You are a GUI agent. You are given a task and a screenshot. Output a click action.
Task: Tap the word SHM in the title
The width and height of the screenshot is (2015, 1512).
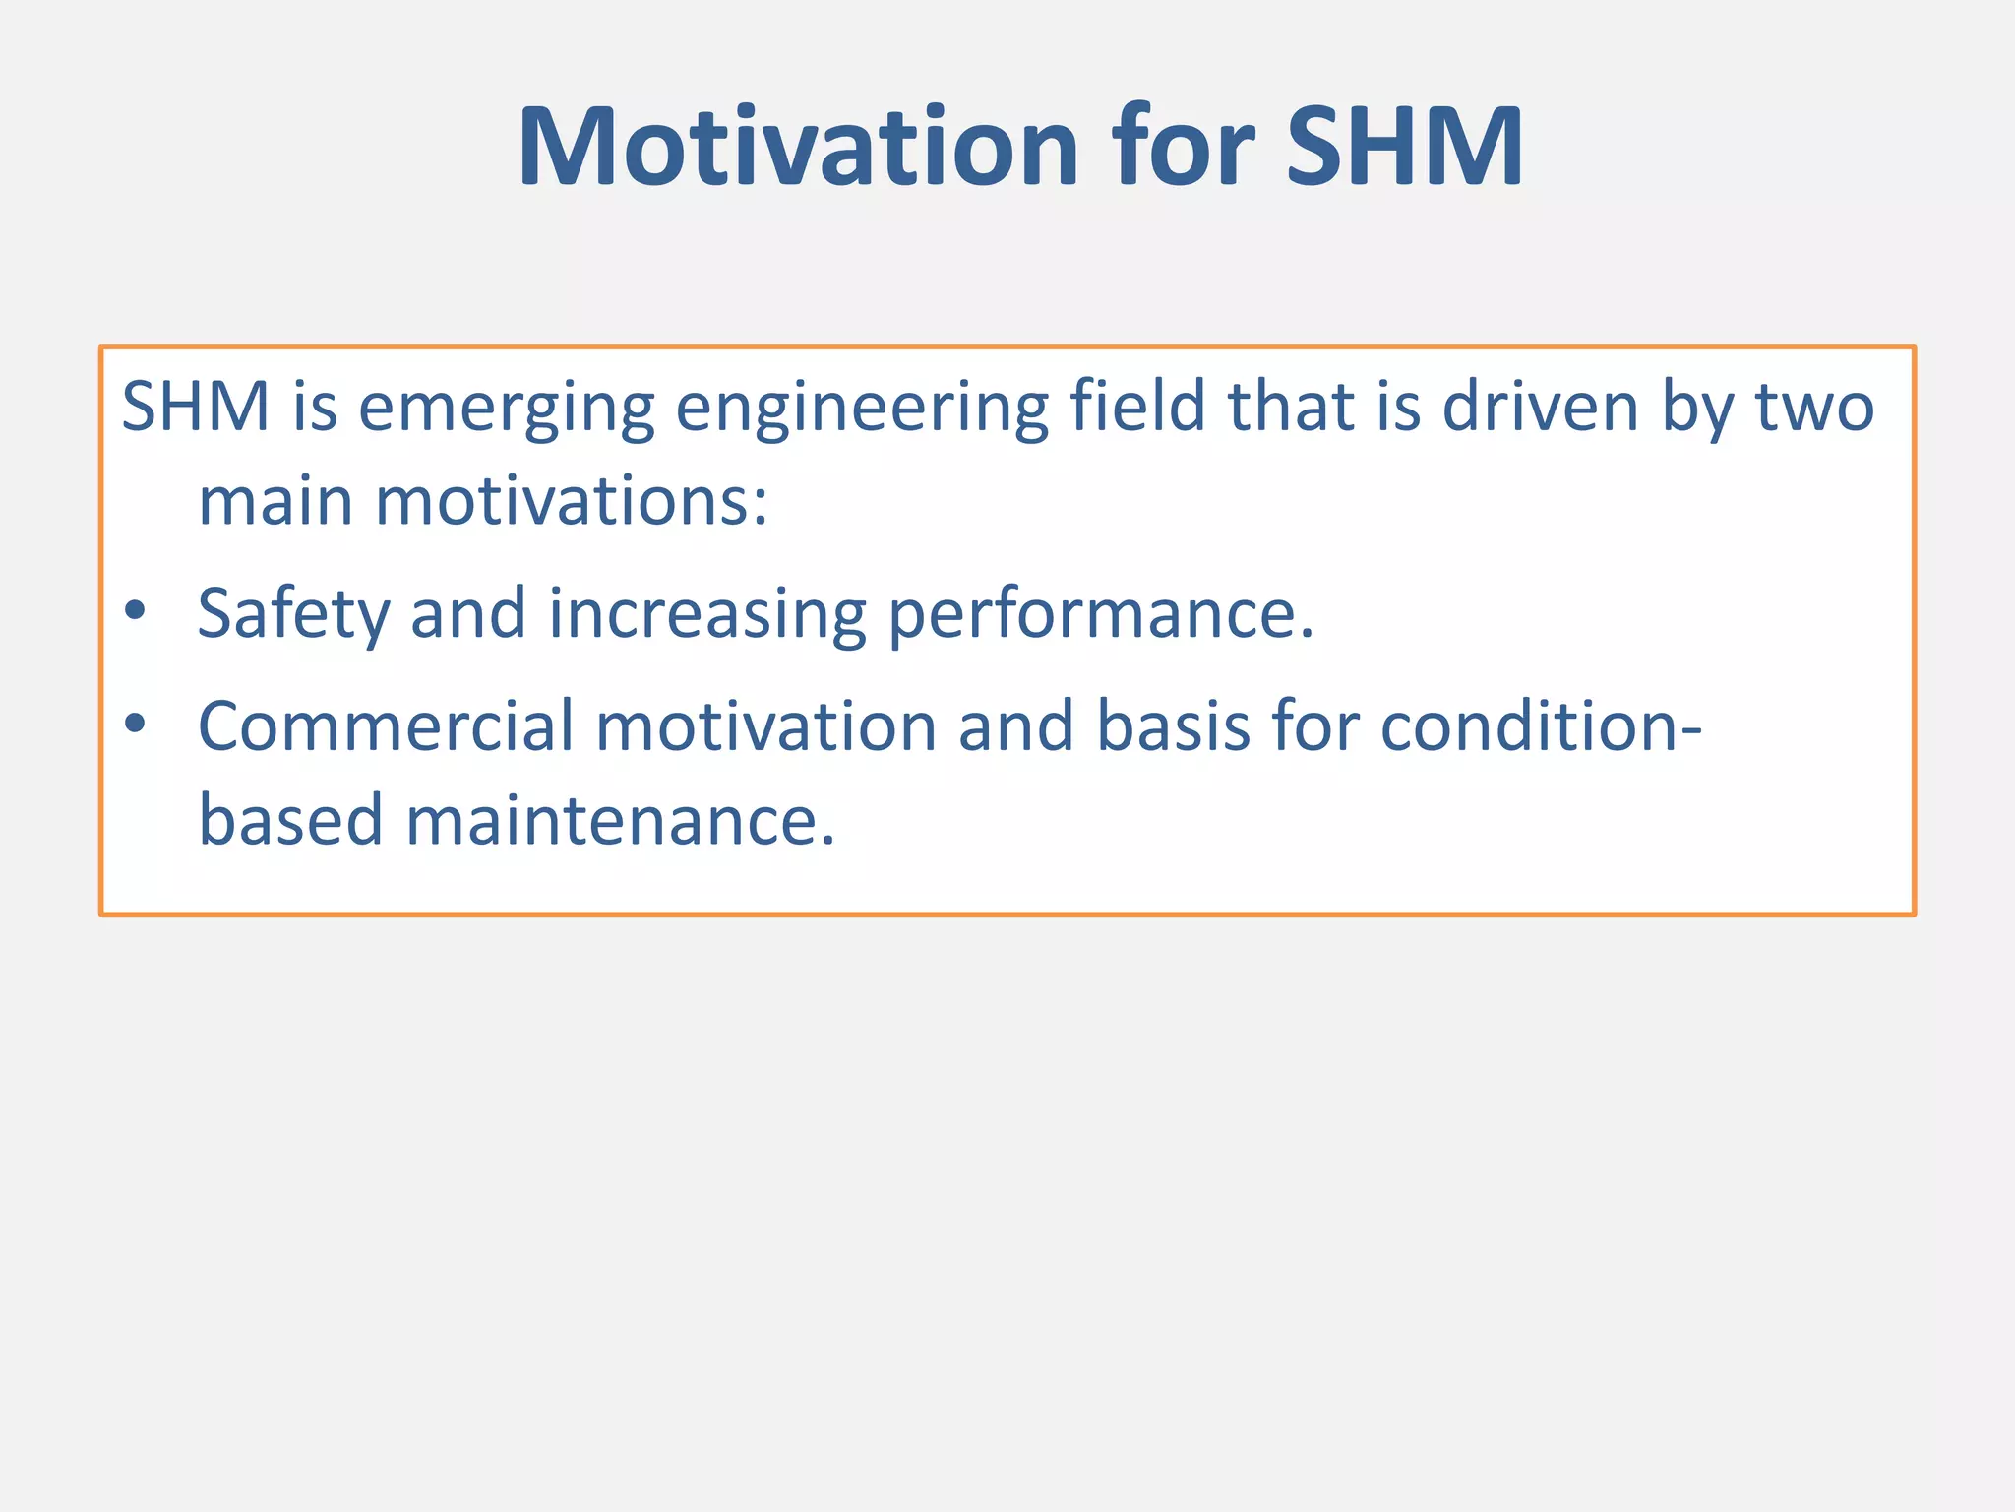coord(1405,150)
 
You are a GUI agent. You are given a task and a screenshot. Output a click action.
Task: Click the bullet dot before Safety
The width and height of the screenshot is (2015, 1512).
coord(136,611)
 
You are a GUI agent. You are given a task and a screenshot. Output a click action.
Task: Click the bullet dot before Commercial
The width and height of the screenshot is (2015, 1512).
coord(136,724)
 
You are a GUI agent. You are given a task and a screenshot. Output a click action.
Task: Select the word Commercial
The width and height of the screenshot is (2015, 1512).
coord(386,726)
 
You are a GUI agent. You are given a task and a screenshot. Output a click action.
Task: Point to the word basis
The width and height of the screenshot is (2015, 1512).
coord(1173,726)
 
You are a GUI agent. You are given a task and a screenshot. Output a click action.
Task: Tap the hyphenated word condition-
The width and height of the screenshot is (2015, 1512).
coord(1540,726)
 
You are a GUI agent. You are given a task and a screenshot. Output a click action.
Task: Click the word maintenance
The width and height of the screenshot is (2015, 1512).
coord(620,821)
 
